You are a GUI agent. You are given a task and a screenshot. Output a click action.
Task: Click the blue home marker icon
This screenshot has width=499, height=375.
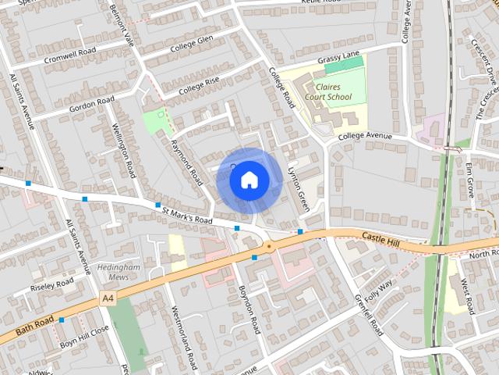point(249,180)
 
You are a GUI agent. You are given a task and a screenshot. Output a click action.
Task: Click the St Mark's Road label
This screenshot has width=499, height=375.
point(186,215)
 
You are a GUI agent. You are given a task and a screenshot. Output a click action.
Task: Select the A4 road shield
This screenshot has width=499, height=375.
point(108,298)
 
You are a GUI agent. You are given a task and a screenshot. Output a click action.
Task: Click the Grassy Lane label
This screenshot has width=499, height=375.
point(335,60)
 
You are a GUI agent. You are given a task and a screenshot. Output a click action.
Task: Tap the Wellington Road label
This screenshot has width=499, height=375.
point(123,149)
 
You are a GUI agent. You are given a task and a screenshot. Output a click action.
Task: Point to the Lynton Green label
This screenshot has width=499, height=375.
point(299,188)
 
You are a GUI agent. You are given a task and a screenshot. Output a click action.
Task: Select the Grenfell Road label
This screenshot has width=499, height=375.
point(369,312)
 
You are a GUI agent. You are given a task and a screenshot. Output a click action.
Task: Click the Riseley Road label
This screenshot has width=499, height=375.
point(51,284)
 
